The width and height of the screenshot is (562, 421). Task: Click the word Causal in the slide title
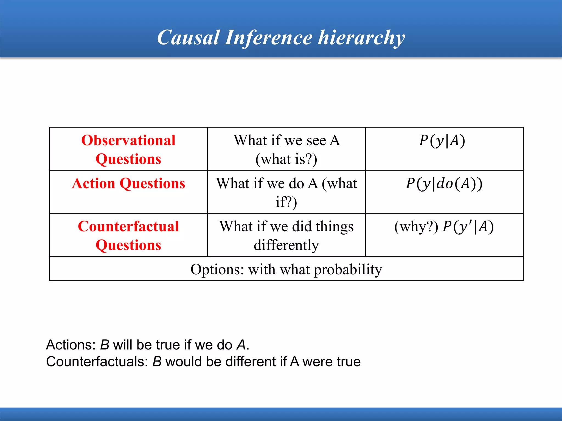coord(188,38)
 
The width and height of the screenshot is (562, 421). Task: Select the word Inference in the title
coord(268,38)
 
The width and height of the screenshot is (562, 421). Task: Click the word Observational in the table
coord(128,140)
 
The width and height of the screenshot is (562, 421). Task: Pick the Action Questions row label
coord(128,183)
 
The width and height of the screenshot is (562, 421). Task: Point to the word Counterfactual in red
coord(128,226)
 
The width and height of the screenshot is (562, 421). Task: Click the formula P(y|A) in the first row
coord(442,141)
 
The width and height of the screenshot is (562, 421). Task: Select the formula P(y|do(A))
coord(444,184)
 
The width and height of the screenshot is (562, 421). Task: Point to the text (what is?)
coord(286,159)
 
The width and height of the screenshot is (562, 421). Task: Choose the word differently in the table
coord(286,245)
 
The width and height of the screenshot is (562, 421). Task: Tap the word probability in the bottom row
coord(348,270)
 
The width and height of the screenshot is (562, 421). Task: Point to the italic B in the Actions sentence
coord(105,345)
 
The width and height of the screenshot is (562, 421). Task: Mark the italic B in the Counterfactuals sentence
coord(157,362)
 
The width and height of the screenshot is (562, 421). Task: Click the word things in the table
coord(335,227)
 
